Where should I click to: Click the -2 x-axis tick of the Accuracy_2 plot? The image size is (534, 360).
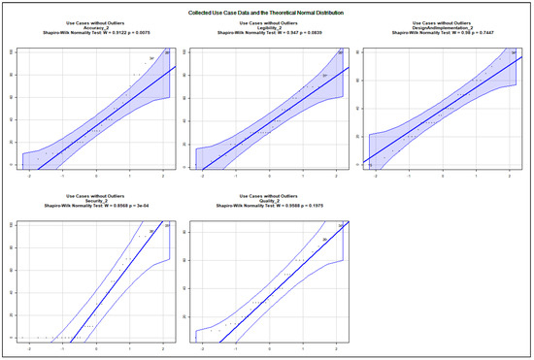coord(29,176)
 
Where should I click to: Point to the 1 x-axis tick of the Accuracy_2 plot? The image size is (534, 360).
coord(130,176)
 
